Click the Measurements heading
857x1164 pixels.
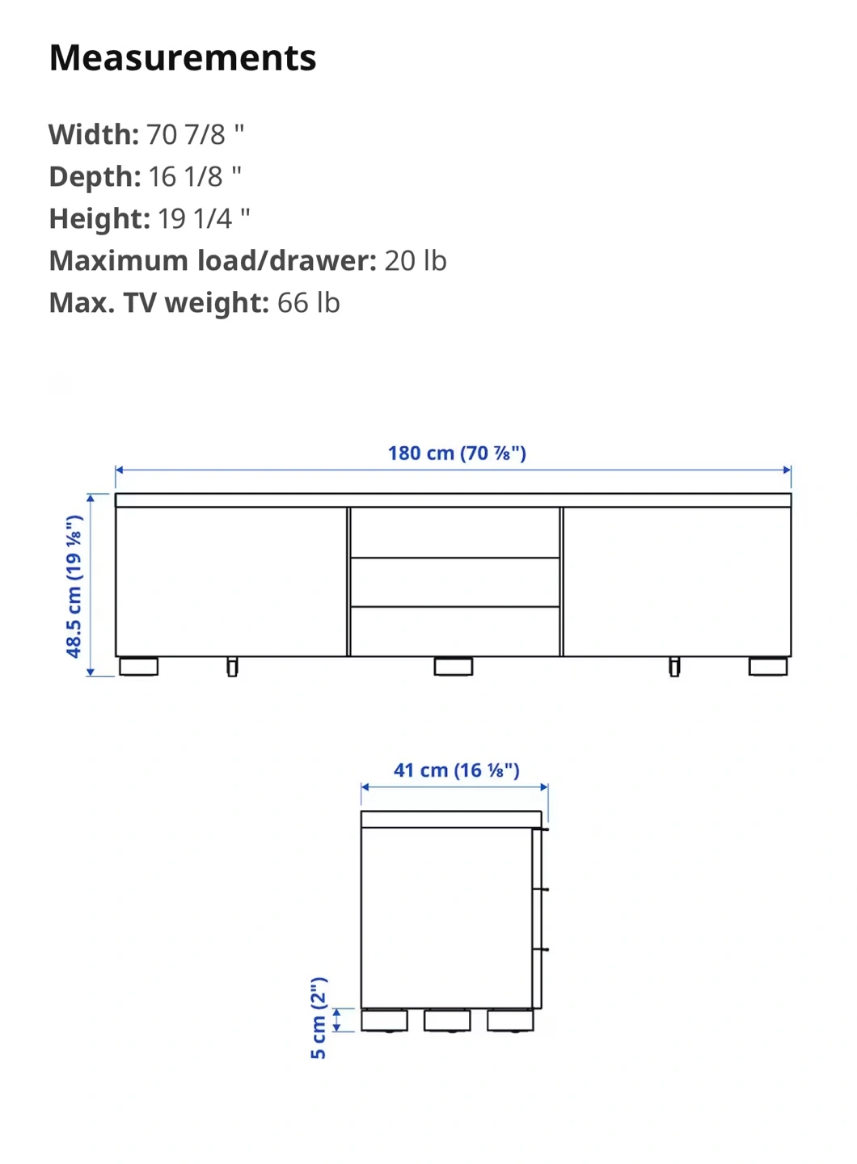183,57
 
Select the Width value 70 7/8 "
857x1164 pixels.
195,134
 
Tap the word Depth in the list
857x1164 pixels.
95,177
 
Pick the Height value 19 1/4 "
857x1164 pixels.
204,219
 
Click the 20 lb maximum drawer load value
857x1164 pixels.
416,261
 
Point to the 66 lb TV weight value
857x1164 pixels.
309,303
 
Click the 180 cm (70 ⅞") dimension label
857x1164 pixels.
458,453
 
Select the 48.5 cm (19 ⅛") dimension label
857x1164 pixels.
74,587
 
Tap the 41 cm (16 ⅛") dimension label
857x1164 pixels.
457,770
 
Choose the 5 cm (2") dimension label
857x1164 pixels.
319,1018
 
